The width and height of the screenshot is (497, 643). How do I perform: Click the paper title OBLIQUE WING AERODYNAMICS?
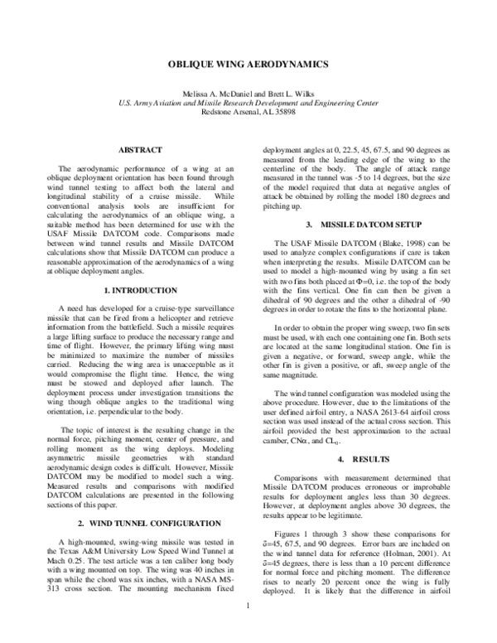coord(248,64)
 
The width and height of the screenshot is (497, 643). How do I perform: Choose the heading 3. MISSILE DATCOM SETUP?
coord(357,225)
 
